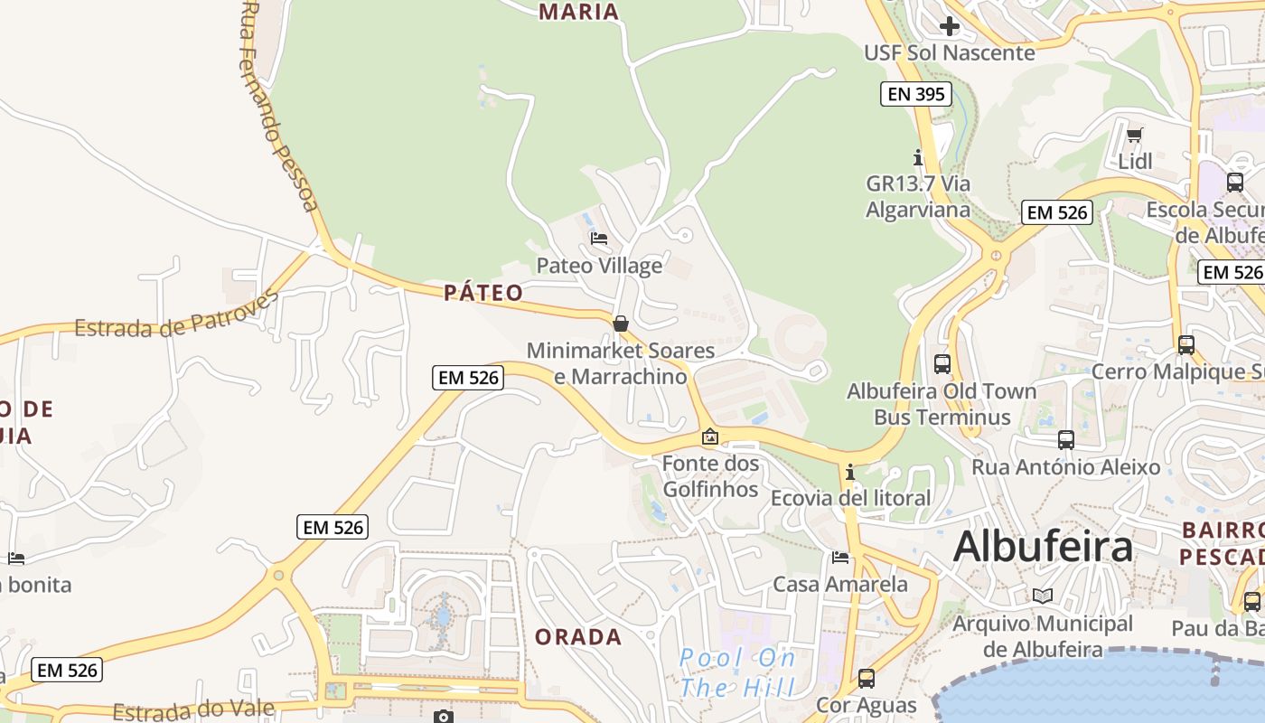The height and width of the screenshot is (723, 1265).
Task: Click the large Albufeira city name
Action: click(1043, 547)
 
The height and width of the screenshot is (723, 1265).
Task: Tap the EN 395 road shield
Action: click(916, 93)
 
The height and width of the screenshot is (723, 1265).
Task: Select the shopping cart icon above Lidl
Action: click(1135, 136)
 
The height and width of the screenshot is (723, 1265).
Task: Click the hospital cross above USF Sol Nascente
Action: click(949, 26)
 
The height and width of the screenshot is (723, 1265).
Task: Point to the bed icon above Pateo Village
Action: click(599, 239)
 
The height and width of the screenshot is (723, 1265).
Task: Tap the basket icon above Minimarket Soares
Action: click(621, 324)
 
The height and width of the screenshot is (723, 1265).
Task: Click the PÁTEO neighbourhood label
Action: click(483, 293)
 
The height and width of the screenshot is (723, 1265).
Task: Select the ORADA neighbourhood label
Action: click(578, 637)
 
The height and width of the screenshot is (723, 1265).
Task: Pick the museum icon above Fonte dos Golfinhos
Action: click(710, 437)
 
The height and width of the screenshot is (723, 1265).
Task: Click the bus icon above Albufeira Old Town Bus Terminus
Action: click(942, 364)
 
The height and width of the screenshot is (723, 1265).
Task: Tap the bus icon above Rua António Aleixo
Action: click(1066, 440)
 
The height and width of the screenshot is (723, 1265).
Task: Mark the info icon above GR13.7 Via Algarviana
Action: click(918, 157)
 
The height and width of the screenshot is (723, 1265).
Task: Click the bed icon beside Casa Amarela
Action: click(840, 558)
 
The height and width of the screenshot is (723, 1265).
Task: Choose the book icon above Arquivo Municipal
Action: click(1043, 596)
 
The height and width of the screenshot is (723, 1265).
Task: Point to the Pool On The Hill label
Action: click(737, 672)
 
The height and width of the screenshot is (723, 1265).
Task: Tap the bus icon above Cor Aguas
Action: click(867, 678)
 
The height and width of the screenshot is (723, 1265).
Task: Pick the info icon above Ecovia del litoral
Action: click(849, 472)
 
